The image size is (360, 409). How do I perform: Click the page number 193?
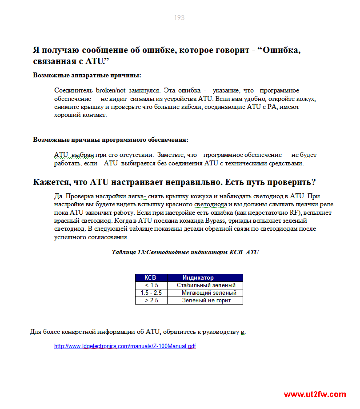pos(179,18)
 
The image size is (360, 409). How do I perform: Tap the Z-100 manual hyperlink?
pos(125,346)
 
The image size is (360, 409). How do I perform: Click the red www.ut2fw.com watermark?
pos(315,394)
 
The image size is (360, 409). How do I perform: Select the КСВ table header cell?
pos(150,277)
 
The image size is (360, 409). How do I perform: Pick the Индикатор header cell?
pos(198,277)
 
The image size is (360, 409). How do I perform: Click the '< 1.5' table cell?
pos(151,285)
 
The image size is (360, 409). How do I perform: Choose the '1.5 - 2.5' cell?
pos(151,293)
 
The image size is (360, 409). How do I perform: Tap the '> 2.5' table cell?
pos(151,301)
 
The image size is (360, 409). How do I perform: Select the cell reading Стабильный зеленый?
pos(206,285)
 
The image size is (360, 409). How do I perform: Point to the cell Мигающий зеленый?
pos(209,293)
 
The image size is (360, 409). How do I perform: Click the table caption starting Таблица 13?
pos(185,252)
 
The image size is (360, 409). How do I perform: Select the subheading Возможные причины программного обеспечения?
pos(111,140)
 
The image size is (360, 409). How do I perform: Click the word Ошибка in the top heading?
pos(282,50)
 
